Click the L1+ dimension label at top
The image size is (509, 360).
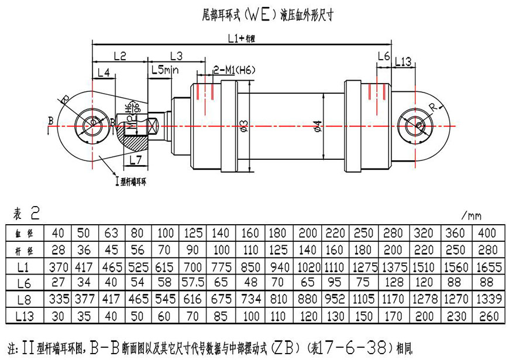[x=241, y=39]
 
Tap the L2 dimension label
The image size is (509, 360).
[x=119, y=56]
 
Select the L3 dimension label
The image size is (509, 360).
[x=176, y=56]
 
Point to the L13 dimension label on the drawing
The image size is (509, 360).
[x=403, y=61]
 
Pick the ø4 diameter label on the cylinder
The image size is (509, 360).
[x=316, y=125]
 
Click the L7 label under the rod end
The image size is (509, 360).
[x=135, y=159]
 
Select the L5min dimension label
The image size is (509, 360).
[x=165, y=70]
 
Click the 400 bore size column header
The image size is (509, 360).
[x=488, y=233]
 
